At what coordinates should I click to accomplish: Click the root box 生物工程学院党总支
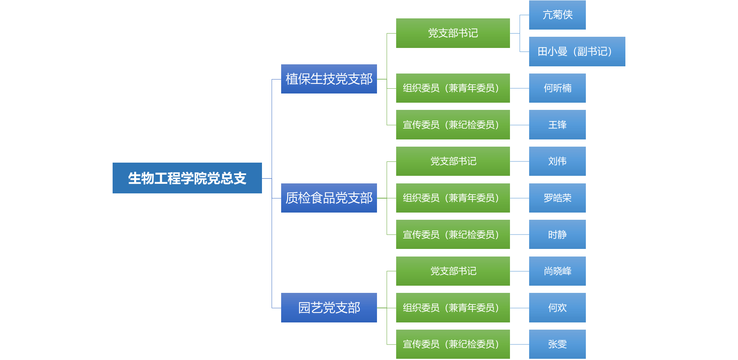pos(187,178)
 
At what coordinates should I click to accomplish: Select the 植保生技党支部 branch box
pos(329,79)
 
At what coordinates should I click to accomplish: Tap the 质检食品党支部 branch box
pos(329,198)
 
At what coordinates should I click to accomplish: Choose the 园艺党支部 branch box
pos(329,308)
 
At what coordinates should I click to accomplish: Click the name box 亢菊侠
pos(557,15)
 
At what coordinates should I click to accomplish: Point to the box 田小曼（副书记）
pos(577,52)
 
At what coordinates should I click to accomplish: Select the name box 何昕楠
pos(557,88)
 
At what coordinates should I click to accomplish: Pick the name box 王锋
pos(557,125)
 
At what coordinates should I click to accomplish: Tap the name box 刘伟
pos(557,161)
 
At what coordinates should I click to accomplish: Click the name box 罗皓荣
pos(557,198)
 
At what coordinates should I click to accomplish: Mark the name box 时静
pos(557,235)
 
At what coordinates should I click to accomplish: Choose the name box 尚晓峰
pos(557,271)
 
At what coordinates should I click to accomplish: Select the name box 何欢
pos(557,308)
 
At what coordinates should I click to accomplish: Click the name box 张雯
pos(557,344)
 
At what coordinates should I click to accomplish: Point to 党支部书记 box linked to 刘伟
pos(453,161)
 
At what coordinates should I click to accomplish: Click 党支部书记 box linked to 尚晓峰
pos(453,271)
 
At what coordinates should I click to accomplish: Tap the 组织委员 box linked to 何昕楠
pos(453,88)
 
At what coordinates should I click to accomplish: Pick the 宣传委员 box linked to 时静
pos(453,235)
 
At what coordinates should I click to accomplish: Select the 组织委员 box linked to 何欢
pos(453,308)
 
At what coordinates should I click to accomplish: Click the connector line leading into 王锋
pos(520,125)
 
